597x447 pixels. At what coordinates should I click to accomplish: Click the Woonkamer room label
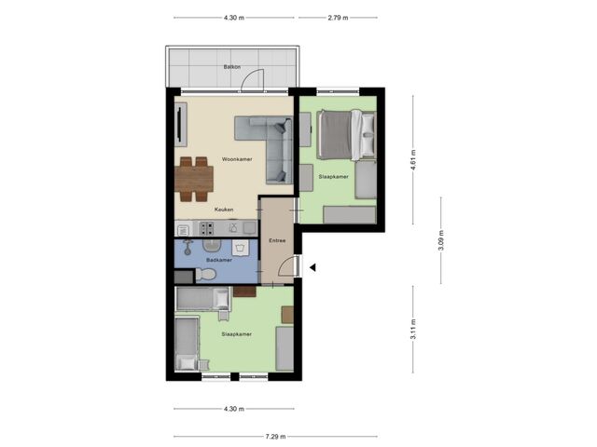[237, 159]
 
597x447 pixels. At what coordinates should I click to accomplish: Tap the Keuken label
[224, 210]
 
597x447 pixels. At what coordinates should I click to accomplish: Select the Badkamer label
[219, 260]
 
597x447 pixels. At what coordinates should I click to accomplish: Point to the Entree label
[277, 240]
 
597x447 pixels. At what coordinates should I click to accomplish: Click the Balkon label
[232, 67]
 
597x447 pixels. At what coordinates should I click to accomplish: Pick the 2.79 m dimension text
[338, 18]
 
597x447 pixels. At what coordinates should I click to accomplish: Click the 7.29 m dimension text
[276, 437]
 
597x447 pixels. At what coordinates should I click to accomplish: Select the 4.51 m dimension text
[413, 159]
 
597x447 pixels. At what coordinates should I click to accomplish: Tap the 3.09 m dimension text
[441, 240]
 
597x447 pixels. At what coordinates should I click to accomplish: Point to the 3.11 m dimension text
[413, 330]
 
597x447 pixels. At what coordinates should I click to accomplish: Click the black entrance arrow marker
[312, 267]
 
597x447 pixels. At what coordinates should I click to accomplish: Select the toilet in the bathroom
[205, 274]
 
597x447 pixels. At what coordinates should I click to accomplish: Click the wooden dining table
[194, 179]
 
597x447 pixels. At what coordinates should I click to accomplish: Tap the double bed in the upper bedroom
[346, 135]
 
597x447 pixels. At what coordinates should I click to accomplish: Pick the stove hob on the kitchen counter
[207, 228]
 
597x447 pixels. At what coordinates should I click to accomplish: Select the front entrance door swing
[286, 265]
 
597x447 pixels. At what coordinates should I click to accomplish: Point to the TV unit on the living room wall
[181, 124]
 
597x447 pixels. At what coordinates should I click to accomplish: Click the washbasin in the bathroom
[212, 245]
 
